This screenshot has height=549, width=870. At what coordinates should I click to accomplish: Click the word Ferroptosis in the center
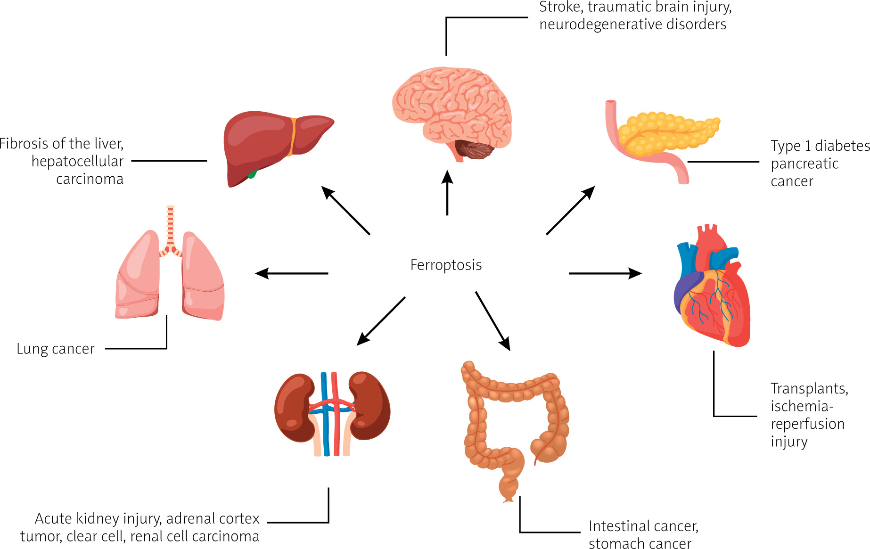pos(446,265)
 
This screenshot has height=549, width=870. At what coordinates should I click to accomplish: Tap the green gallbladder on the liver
pos(253,174)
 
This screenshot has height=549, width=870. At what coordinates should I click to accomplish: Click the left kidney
pos(294,407)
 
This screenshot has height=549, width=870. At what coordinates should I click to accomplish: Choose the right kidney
pos(370,405)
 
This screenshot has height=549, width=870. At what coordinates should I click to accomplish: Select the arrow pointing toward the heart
pos(605,273)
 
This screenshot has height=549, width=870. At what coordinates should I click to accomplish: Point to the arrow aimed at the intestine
pos(493,321)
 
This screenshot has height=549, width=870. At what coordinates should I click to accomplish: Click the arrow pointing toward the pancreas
pos(570,210)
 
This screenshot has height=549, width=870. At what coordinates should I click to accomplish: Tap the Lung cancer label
pos(56,349)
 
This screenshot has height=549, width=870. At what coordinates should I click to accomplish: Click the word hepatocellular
pos(77,161)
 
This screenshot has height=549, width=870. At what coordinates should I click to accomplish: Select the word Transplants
pos(809,388)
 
